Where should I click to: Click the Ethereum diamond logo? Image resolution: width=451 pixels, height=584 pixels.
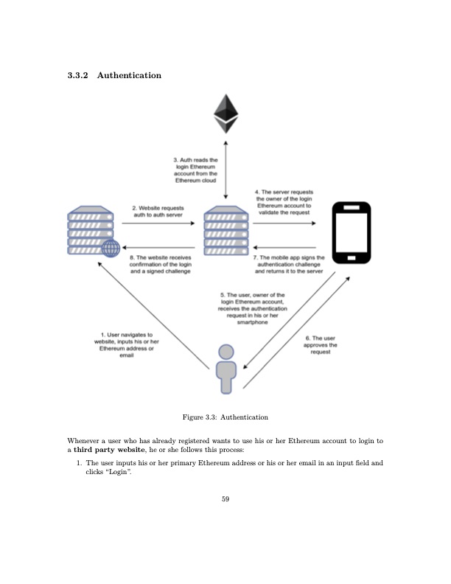[x=226, y=114]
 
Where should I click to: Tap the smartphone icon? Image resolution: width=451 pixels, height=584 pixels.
[x=352, y=233]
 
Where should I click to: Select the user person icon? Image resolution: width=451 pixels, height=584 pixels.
[x=226, y=369]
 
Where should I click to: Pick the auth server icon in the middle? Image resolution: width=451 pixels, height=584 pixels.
[x=225, y=230]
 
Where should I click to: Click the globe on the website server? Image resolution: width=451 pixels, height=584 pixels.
[x=111, y=248]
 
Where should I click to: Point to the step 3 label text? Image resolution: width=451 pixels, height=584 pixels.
[x=195, y=170]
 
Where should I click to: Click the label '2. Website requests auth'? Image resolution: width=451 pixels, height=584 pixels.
[x=157, y=212]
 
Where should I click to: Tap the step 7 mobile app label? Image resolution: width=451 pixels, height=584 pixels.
[x=288, y=265]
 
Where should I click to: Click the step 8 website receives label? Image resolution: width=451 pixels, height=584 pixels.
[x=161, y=265]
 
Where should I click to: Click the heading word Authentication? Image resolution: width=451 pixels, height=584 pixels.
[x=129, y=75]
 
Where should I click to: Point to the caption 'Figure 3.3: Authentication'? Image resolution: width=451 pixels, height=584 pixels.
[x=225, y=417]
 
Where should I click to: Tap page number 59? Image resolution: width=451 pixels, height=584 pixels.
[x=225, y=499]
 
